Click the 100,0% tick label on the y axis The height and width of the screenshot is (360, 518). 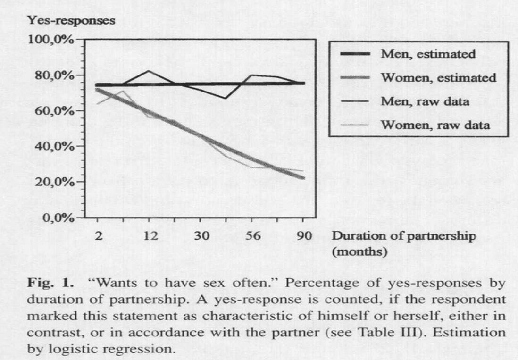coord(50,40)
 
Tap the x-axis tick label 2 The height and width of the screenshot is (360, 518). coord(98,236)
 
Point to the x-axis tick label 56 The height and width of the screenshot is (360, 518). coord(252,236)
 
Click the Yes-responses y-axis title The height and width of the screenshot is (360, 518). coord(71,21)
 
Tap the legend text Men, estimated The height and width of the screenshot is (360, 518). coord(428,54)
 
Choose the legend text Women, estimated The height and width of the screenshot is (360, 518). coord(438,78)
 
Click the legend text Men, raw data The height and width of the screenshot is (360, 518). coord(425,101)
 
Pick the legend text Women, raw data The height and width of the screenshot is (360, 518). coord(435,125)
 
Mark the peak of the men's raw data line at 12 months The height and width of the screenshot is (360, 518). coord(149,71)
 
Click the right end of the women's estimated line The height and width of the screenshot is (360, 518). coord(302,178)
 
